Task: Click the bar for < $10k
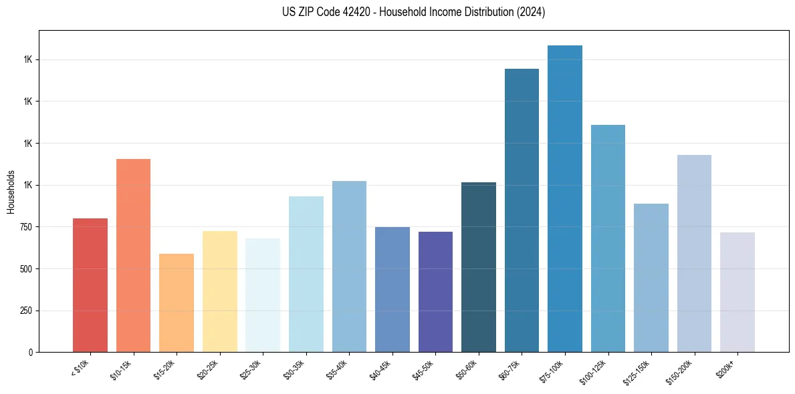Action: (x=90, y=285)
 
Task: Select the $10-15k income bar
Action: (x=133, y=255)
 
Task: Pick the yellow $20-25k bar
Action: (x=219, y=291)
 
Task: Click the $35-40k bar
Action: (x=349, y=266)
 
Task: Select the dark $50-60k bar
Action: (x=479, y=267)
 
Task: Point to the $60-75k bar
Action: (x=522, y=210)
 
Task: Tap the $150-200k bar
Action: (x=694, y=253)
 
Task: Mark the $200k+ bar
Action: (x=737, y=292)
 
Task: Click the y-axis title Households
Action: (x=11, y=191)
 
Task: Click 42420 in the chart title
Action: (x=356, y=12)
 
